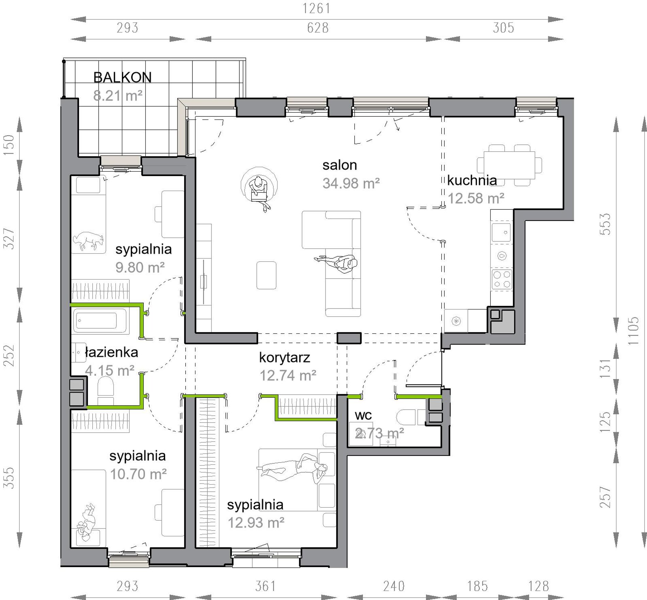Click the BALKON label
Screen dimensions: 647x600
tap(122, 78)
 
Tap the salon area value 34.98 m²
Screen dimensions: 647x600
tap(351, 184)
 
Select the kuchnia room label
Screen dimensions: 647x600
tap(472, 180)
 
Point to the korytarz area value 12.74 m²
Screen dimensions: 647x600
tap(288, 376)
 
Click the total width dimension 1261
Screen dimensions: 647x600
tap(317, 9)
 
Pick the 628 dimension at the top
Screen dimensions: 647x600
tap(318, 28)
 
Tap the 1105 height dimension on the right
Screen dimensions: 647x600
tap(633, 330)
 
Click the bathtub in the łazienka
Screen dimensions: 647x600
tap(100, 321)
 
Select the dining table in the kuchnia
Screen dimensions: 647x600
tap(509, 165)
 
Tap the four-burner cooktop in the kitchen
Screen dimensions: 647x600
tap(502, 279)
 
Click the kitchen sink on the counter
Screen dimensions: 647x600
tap(501, 233)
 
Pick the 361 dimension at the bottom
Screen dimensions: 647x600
tap(266, 586)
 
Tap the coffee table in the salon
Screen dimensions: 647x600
tap(266, 275)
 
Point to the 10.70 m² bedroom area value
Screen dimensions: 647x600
tap(138, 474)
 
